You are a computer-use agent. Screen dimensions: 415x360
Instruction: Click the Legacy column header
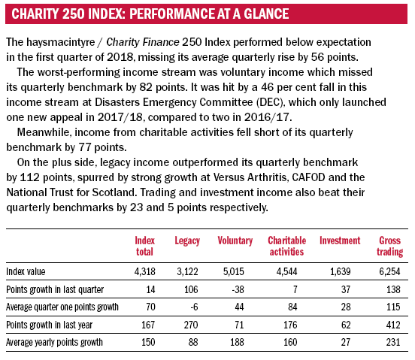[187, 241]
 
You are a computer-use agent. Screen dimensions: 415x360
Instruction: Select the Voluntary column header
[235, 241]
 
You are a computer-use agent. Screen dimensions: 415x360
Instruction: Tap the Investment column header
[340, 241]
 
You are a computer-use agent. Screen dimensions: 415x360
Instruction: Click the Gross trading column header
[390, 246]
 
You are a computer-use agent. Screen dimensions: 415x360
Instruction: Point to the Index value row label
[26, 271]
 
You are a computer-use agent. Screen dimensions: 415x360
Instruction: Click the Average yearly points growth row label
[54, 342]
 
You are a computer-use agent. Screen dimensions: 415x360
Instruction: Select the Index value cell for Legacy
[187, 271]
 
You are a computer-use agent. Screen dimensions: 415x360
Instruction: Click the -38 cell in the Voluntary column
[238, 289]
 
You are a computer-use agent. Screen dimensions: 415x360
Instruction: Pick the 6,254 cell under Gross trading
[389, 271]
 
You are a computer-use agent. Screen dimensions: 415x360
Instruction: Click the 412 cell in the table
[393, 325]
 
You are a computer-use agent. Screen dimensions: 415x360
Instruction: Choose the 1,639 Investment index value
[340, 271]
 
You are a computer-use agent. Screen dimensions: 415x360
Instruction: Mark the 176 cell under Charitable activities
[290, 325]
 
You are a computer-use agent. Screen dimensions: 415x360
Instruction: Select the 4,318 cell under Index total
[145, 271]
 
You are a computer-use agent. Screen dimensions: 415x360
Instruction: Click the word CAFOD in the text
[308, 177]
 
